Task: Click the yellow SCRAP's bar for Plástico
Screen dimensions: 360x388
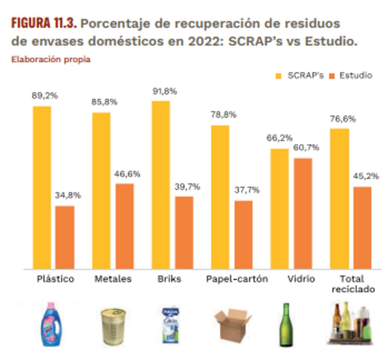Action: click(42, 187)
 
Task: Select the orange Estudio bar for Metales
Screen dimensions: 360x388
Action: click(124, 226)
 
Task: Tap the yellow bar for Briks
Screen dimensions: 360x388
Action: click(161, 185)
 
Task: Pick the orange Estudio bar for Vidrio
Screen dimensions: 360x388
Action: click(303, 213)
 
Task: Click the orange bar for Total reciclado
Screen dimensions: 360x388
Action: click(362, 228)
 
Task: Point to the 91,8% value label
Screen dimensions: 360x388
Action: click(164, 91)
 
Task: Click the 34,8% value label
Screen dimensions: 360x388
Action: click(68, 196)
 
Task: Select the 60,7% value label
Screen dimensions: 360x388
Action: click(306, 148)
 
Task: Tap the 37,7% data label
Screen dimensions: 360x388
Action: click(247, 190)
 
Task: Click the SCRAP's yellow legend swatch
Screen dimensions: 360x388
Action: click(279, 76)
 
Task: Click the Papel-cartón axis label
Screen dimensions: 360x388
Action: click(237, 279)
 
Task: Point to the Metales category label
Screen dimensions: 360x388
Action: click(113, 279)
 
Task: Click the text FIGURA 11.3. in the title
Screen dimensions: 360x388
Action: click(44, 24)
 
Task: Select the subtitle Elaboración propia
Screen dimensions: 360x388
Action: click(51, 60)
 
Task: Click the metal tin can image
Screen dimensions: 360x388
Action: click(113, 326)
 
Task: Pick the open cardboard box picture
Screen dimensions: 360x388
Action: click(232, 325)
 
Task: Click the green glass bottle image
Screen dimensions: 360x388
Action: click(286, 325)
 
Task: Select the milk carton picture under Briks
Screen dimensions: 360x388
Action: click(171, 325)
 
